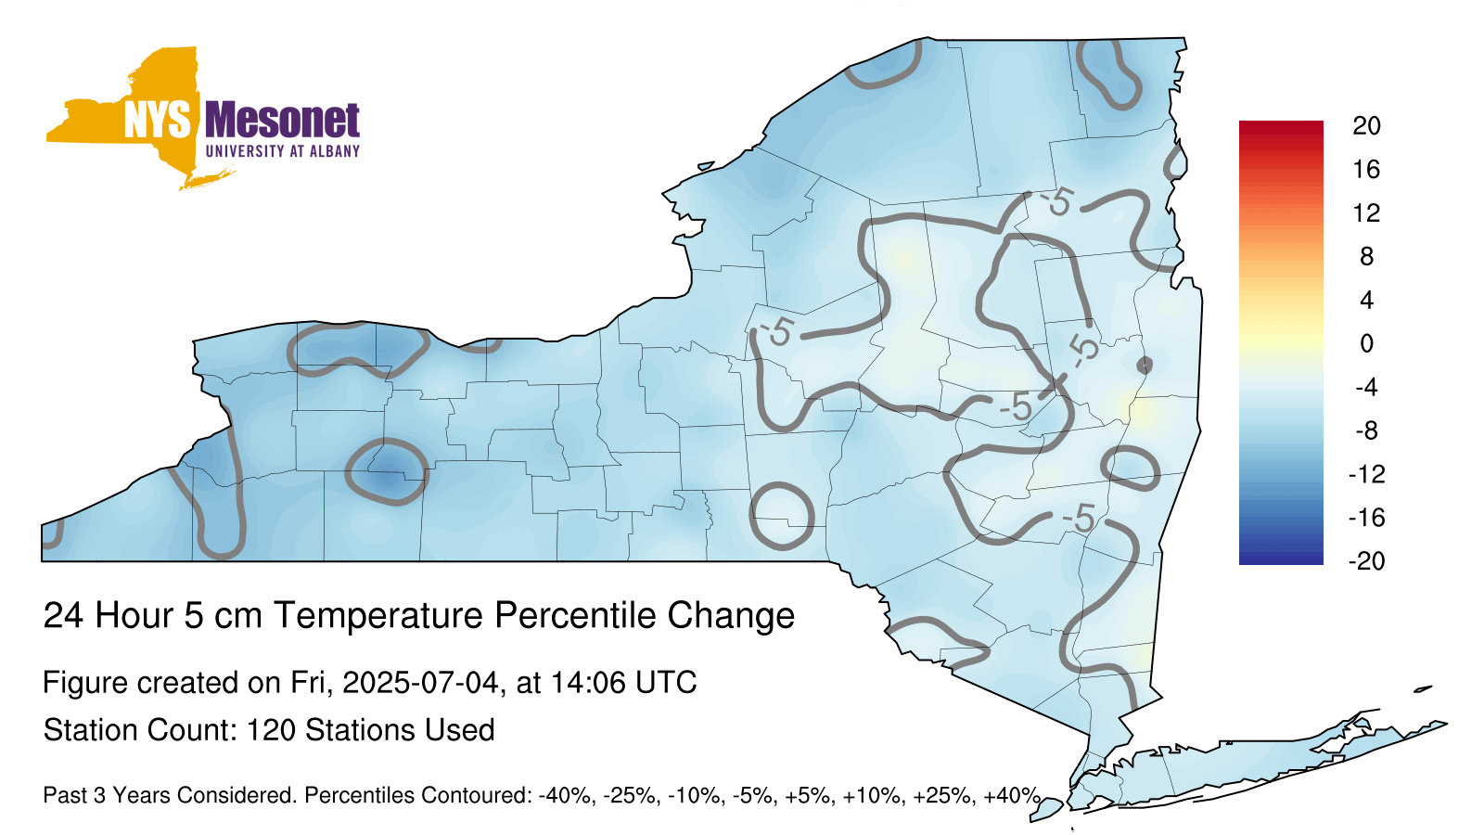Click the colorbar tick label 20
(1366, 126)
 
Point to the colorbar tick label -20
(1366, 561)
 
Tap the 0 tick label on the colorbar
(1366, 344)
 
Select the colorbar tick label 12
(1366, 213)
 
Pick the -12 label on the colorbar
(1366, 474)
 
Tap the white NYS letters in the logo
(157, 120)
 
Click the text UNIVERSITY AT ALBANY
(282, 151)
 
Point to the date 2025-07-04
(420, 682)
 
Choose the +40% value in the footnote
(1012, 795)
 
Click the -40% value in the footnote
(565, 795)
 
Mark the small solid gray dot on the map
(1145, 366)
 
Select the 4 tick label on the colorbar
(1366, 301)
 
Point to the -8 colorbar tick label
(1366, 430)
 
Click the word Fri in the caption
(314, 682)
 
